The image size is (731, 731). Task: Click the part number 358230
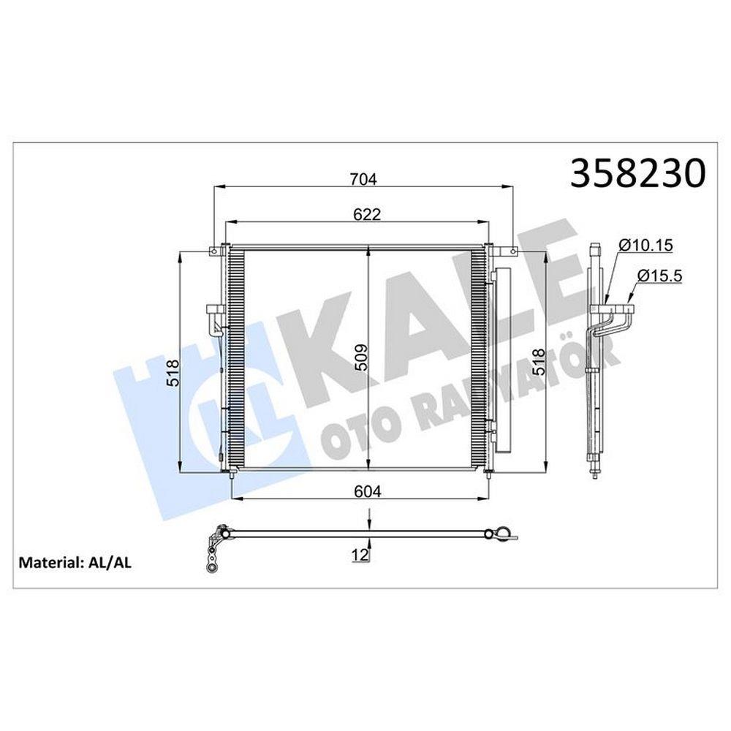pyautogui.click(x=638, y=173)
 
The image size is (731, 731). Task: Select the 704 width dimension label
pyautogui.click(x=363, y=179)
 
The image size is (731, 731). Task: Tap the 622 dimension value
pyautogui.click(x=367, y=214)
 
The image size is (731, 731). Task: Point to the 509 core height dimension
pyautogui.click(x=361, y=357)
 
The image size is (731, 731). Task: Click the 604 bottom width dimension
pyautogui.click(x=368, y=491)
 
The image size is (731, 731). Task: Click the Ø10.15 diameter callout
pyautogui.click(x=646, y=245)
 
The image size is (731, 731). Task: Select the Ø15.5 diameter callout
pyautogui.click(x=659, y=276)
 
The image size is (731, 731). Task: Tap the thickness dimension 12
pyautogui.click(x=360, y=555)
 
